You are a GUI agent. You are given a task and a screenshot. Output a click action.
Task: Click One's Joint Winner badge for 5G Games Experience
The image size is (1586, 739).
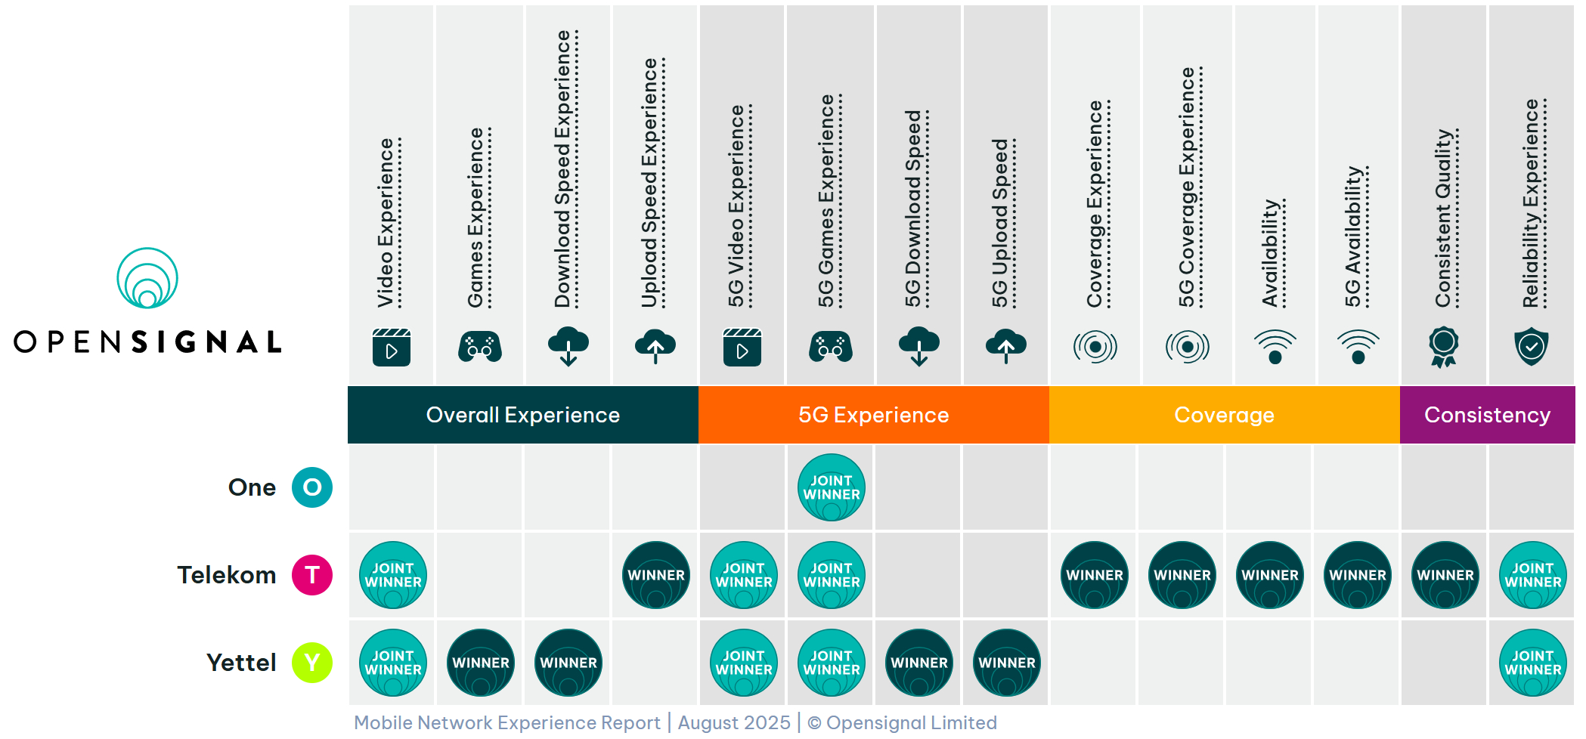coord(831,487)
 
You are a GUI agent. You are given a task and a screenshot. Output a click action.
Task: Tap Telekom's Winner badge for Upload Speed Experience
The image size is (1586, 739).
coord(655,575)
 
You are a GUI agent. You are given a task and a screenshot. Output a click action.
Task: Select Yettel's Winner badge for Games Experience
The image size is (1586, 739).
coord(481,663)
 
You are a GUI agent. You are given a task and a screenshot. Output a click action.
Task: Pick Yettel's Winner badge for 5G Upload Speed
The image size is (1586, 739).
coord(1006,663)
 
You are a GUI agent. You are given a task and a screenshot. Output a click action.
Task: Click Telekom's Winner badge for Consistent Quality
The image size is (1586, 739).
coord(1445,575)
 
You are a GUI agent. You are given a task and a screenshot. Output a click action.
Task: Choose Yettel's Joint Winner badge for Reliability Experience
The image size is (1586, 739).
coord(1532,663)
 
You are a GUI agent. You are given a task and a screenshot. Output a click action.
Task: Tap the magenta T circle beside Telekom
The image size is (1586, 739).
coord(312,575)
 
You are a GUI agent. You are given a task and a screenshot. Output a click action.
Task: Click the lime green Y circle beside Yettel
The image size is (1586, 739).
coord(312,663)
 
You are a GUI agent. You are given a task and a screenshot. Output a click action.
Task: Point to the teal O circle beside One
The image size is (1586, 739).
coord(312,487)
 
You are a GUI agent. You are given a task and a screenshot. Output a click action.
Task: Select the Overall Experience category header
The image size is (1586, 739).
coord(522,415)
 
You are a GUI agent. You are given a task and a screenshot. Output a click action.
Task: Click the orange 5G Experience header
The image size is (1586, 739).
coord(873,415)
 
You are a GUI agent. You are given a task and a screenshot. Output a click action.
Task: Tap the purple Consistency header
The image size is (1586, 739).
coord(1487,415)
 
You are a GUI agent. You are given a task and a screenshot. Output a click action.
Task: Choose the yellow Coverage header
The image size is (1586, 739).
coord(1224,415)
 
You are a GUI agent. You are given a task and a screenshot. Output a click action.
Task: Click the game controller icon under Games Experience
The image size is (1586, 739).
coord(480,348)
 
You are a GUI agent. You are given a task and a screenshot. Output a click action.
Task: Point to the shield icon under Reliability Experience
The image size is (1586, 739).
coord(1532,347)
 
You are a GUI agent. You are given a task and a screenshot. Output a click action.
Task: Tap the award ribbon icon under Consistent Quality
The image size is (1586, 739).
coord(1443,347)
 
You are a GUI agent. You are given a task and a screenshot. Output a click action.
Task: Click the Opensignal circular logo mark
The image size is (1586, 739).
coord(147,278)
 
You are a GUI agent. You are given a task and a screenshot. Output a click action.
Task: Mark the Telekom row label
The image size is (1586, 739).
coord(227,575)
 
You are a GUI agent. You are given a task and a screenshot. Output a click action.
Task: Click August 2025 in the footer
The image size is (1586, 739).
coord(734,723)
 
